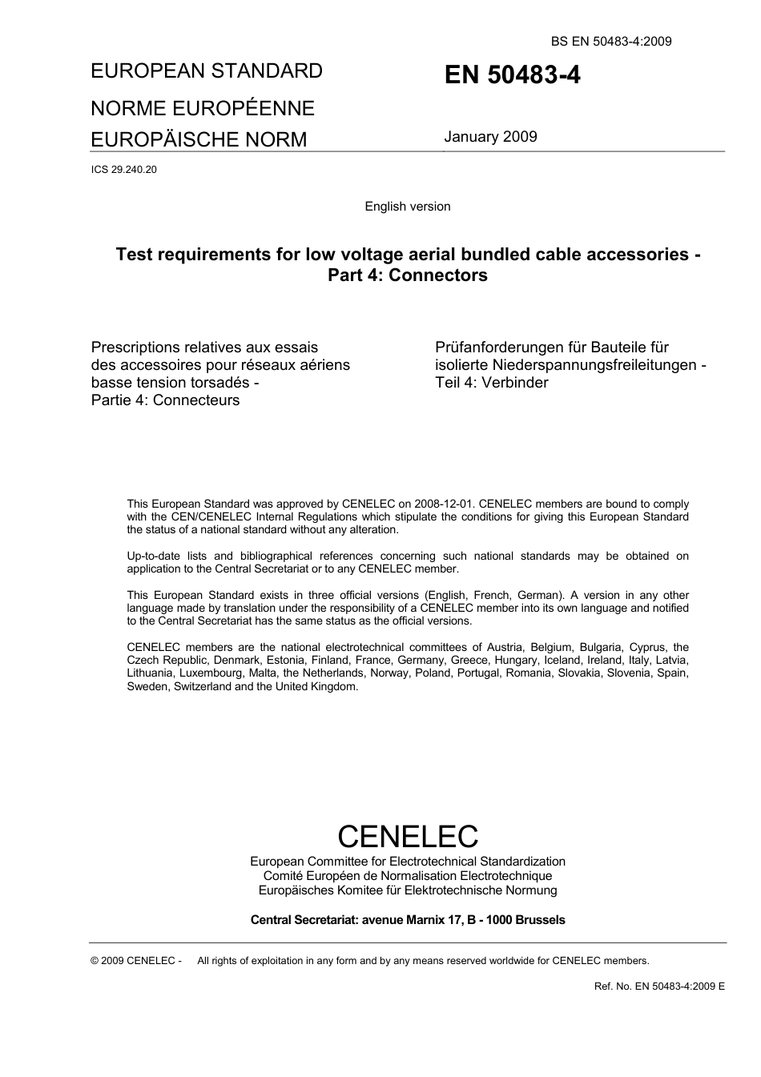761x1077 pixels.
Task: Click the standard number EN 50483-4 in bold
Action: [512, 75]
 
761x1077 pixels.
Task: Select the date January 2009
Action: [490, 137]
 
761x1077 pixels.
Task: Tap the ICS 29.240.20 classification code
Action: [124, 169]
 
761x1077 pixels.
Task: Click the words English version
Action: [407, 207]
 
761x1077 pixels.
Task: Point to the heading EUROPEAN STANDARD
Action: [207, 71]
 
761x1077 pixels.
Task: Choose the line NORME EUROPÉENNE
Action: [203, 108]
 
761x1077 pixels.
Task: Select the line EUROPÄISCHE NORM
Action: [199, 139]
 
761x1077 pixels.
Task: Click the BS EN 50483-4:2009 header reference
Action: [610, 42]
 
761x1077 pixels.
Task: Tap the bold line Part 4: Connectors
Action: [407, 275]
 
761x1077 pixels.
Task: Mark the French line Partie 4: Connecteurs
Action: [165, 400]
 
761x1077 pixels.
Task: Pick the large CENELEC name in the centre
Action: [407, 836]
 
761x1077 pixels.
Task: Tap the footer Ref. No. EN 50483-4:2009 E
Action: [659, 987]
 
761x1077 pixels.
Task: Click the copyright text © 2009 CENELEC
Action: [136, 961]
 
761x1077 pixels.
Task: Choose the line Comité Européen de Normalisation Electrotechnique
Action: [407, 876]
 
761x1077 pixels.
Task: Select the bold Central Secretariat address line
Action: [407, 920]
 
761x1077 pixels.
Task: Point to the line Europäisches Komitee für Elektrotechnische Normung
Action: [407, 890]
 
